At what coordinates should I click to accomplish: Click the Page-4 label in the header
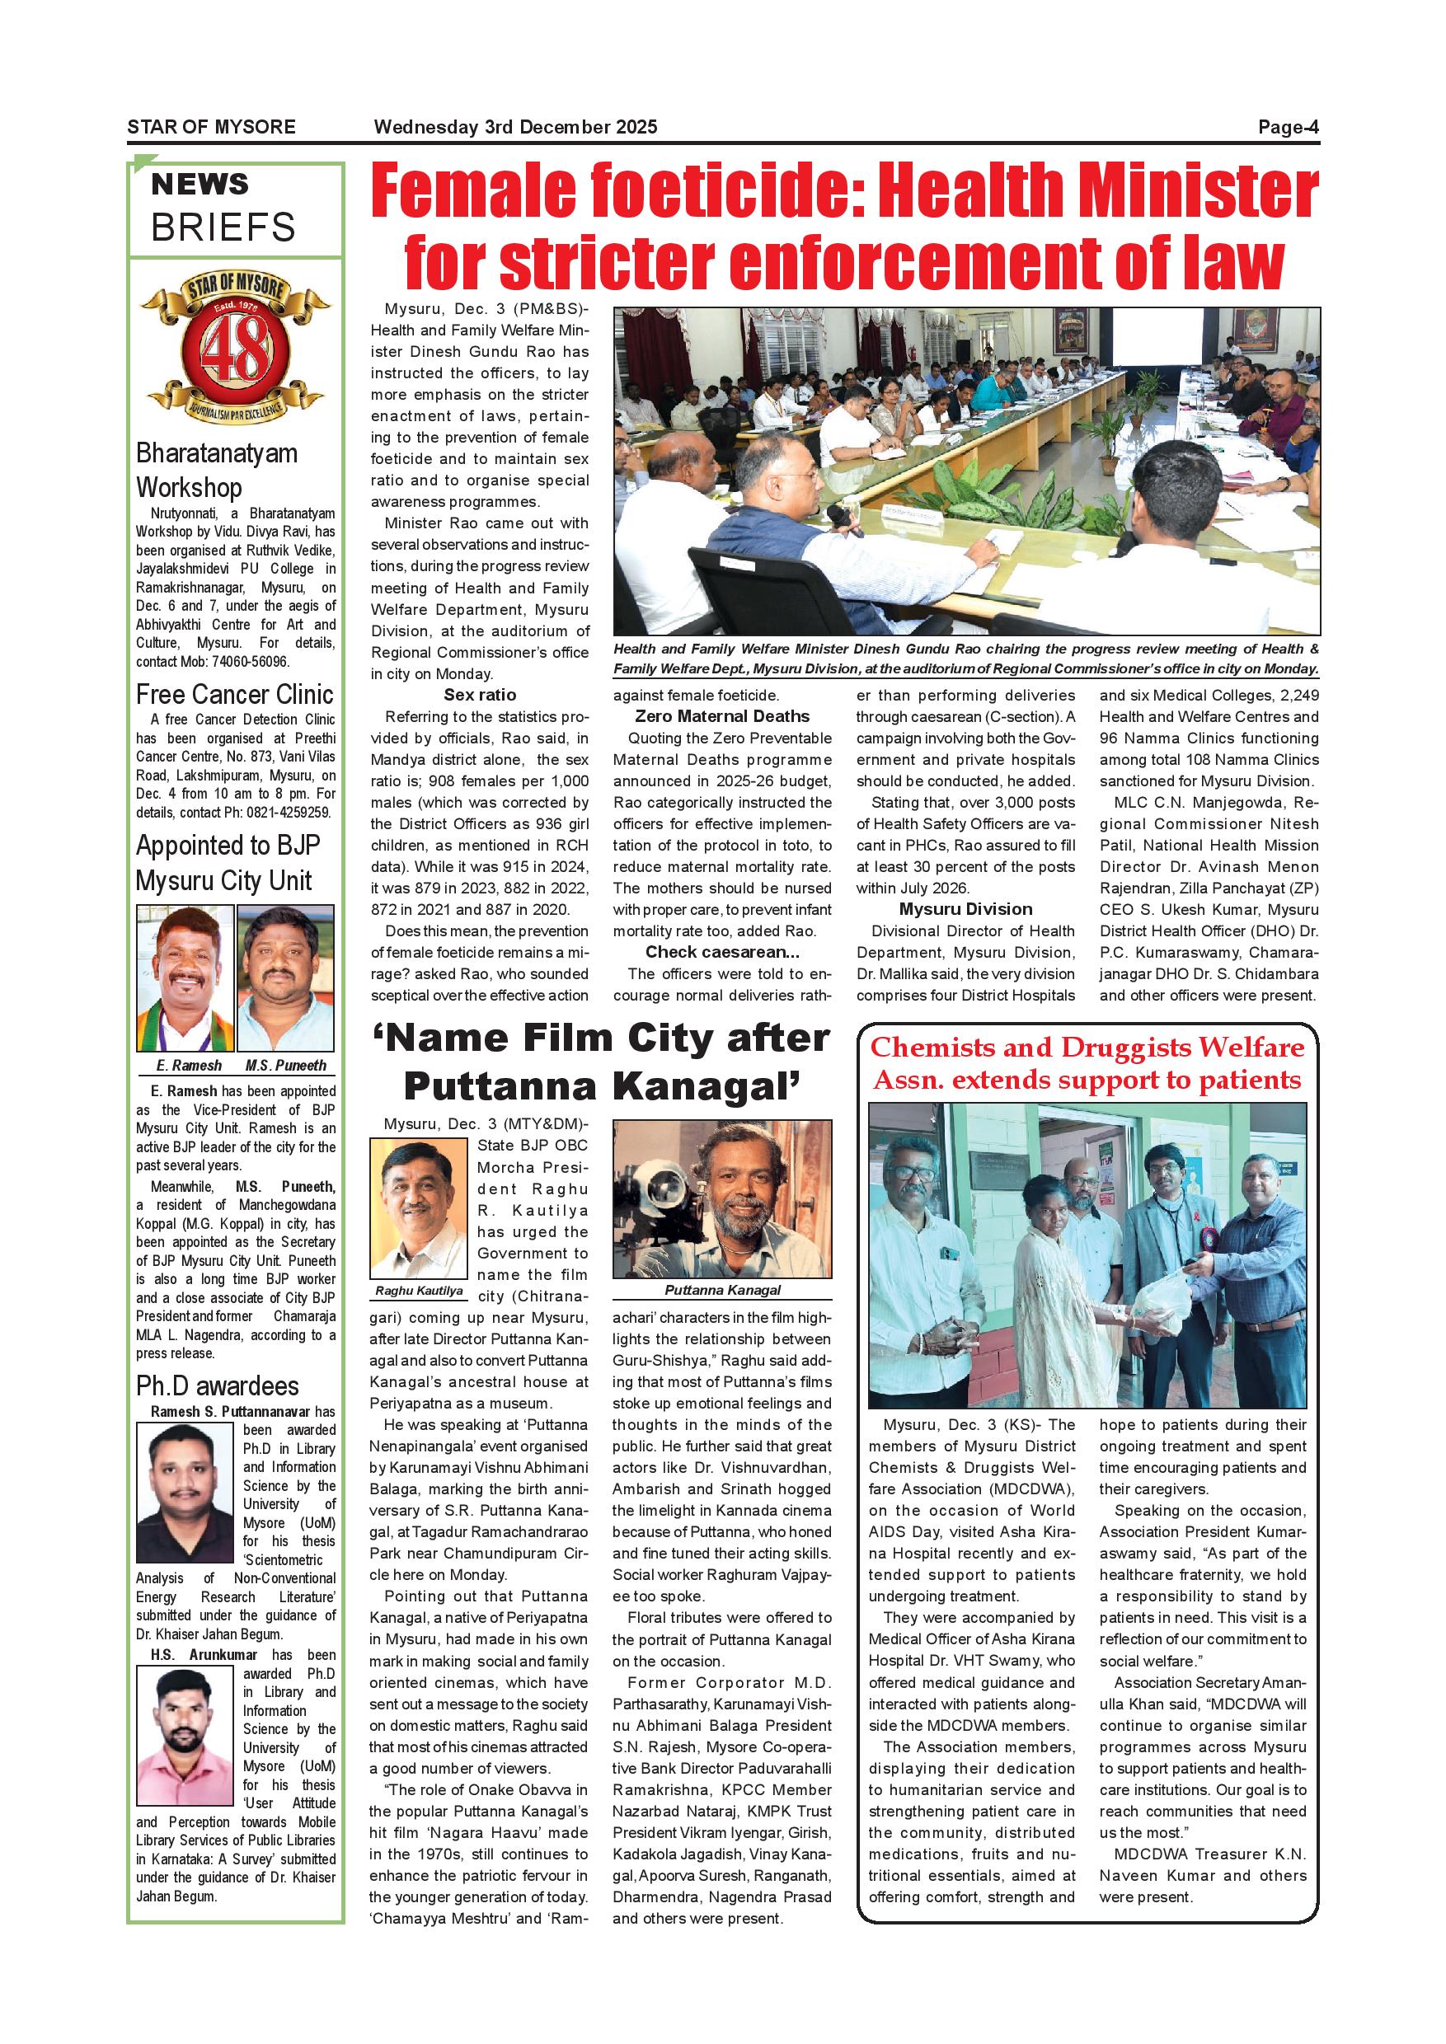[1288, 126]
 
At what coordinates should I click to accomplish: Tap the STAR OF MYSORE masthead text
[211, 126]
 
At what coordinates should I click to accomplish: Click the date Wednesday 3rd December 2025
[515, 126]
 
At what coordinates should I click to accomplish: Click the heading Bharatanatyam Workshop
[216, 470]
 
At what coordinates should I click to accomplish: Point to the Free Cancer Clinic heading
[234, 695]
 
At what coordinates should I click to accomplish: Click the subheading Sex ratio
[480, 696]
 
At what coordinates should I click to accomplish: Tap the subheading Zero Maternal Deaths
[722, 717]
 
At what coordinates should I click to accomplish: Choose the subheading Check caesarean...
[722, 952]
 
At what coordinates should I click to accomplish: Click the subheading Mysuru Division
[965, 909]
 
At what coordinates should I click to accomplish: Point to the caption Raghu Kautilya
[419, 1290]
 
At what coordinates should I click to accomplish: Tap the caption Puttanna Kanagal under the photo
[722, 1290]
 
